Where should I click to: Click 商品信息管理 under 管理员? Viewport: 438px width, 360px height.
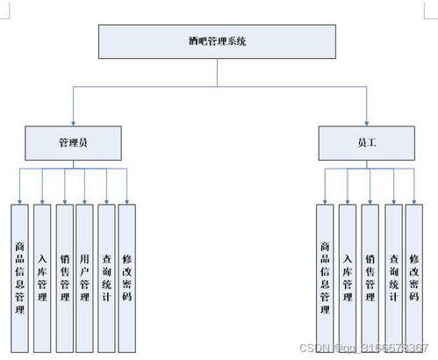pyautogui.click(x=19, y=272)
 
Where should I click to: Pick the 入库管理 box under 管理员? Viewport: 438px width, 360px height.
pyautogui.click(x=42, y=272)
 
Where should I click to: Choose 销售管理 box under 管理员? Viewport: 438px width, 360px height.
pyautogui.click(x=64, y=272)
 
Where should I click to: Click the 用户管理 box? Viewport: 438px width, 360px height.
pyautogui.click(x=84, y=272)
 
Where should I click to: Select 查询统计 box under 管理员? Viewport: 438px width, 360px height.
pyautogui.click(x=106, y=272)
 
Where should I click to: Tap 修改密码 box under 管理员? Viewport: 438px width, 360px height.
pyautogui.click(x=127, y=272)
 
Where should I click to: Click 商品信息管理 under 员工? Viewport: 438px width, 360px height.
pyautogui.click(x=325, y=272)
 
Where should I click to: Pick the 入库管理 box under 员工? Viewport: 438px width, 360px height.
pyautogui.click(x=348, y=272)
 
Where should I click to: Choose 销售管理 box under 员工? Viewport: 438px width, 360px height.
pyautogui.click(x=370, y=272)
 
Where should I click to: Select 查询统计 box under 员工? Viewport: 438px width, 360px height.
pyautogui.click(x=393, y=272)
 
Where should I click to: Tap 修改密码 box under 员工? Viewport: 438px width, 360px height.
pyautogui.click(x=414, y=272)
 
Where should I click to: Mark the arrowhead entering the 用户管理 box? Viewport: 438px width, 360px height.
pyautogui.click(x=85, y=200)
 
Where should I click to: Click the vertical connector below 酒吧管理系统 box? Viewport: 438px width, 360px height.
pyautogui.click(x=217, y=73)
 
